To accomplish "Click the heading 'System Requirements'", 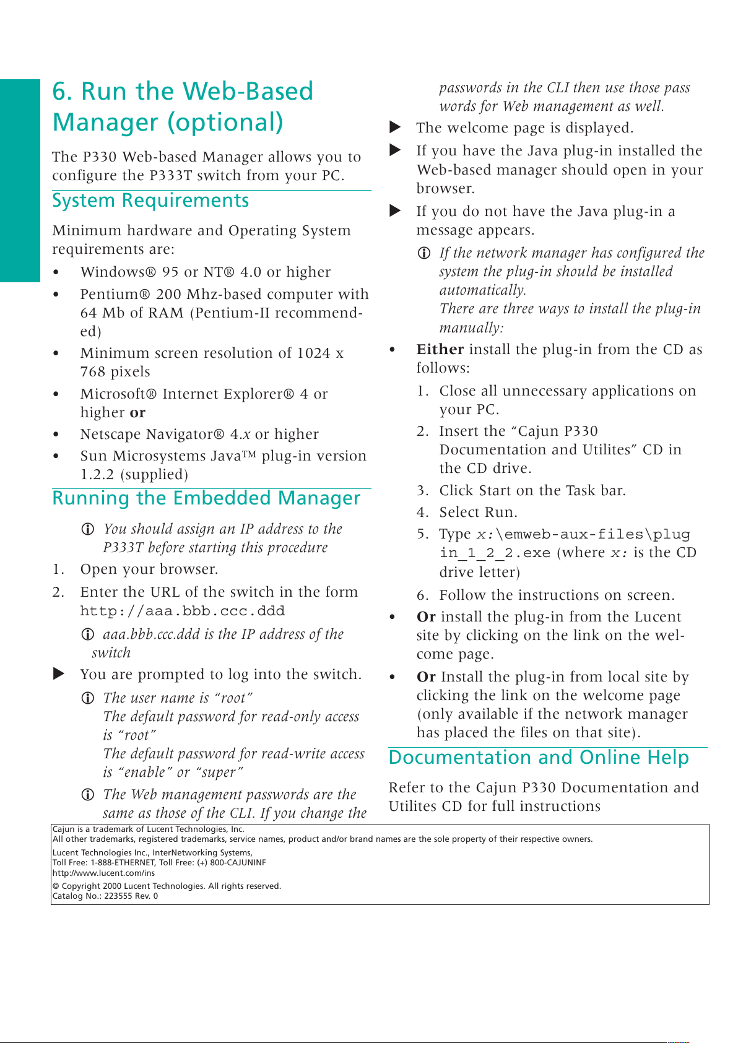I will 150,201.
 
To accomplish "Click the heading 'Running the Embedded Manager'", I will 206,499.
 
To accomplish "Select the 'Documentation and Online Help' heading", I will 539,758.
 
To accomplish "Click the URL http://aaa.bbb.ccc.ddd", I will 183,612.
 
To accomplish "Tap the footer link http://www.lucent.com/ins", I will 103,873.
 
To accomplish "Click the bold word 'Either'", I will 440,350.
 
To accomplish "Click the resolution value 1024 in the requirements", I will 313,353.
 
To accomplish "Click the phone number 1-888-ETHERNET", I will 123,863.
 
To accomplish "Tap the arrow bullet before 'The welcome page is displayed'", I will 395,128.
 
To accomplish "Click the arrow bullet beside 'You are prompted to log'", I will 59,674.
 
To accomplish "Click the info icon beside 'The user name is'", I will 89,698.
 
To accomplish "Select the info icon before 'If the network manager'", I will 424,253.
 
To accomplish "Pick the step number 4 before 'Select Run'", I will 422,513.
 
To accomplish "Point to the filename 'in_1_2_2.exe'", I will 495,553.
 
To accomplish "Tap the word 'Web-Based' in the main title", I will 248,92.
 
